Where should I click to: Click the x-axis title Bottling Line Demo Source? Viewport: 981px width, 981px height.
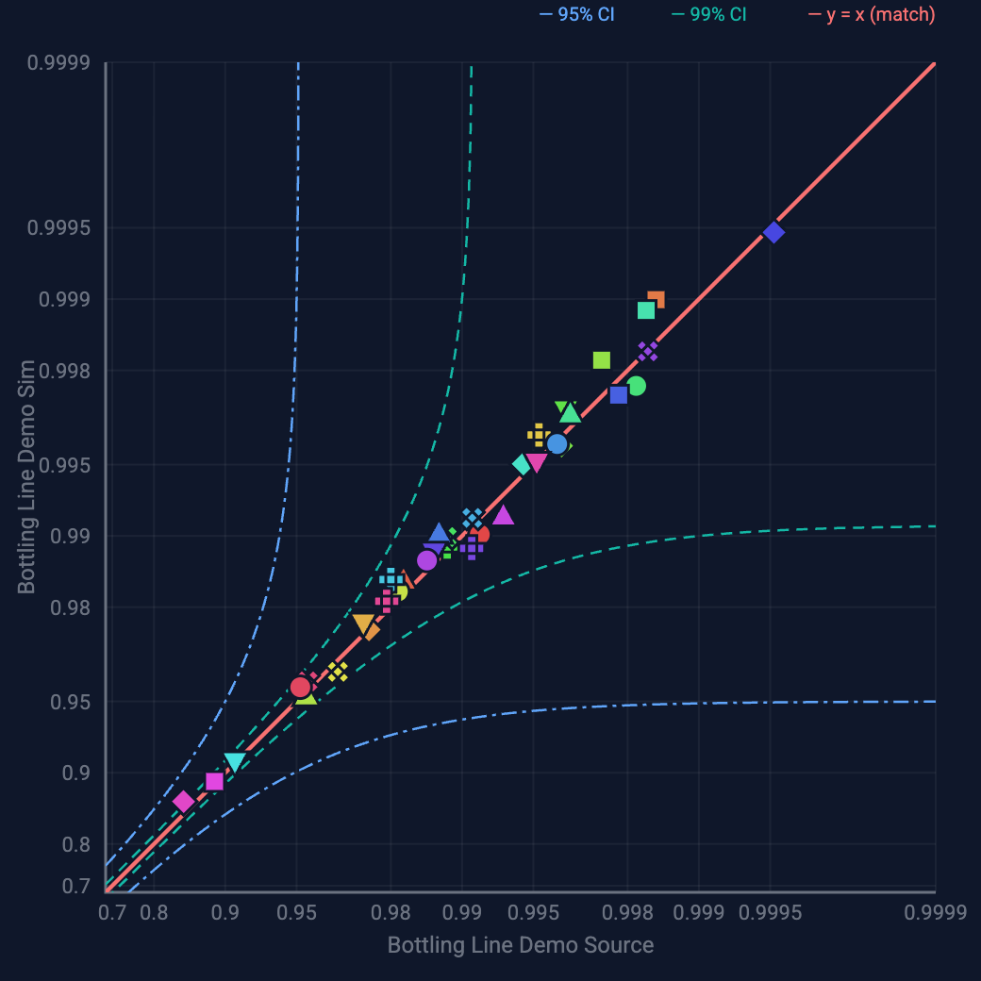[x=520, y=945]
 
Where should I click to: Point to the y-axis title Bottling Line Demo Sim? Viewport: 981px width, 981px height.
[x=26, y=476]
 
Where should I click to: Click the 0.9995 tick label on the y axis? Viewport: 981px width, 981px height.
[x=58, y=228]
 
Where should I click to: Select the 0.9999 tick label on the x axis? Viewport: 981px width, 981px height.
[x=934, y=913]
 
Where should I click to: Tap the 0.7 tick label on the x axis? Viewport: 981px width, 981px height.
[x=111, y=913]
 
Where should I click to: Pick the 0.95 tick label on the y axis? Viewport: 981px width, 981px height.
[x=70, y=702]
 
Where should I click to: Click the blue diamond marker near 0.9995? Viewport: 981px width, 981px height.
[x=773, y=232]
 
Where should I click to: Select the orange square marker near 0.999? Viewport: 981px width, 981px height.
[x=657, y=299]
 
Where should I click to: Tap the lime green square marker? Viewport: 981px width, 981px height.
[x=601, y=360]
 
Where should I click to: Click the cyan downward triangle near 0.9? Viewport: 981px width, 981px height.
[x=235, y=762]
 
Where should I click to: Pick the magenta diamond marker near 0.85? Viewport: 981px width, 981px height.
[x=183, y=802]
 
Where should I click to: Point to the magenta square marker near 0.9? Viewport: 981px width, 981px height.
[x=214, y=781]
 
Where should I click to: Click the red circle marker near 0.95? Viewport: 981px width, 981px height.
[x=300, y=687]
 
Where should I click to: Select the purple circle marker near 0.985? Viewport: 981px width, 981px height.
[x=427, y=560]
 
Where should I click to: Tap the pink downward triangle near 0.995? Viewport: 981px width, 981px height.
[x=536, y=463]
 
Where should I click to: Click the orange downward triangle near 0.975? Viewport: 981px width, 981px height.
[x=363, y=624]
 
